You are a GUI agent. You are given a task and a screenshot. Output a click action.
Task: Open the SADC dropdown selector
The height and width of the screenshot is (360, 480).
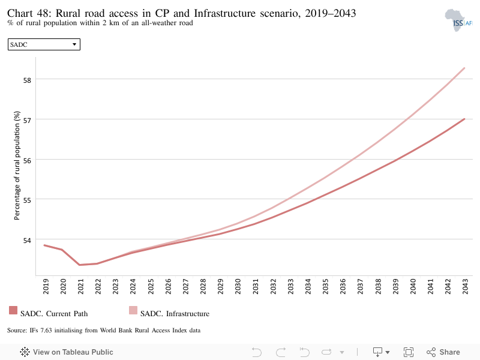[x=44, y=44]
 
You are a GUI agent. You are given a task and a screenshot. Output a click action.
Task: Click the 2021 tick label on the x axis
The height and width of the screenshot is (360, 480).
[x=80, y=286]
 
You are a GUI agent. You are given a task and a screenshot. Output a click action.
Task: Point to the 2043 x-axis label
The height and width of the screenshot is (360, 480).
[x=466, y=286]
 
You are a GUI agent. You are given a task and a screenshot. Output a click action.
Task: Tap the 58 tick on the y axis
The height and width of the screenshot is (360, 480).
[x=27, y=80]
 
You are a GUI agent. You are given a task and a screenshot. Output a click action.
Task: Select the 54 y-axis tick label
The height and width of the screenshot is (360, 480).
[x=27, y=241]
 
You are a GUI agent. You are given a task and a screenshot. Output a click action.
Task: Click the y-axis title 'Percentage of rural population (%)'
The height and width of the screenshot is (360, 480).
[x=17, y=166]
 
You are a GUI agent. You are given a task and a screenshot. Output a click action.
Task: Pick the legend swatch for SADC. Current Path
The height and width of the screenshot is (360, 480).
[x=13, y=310]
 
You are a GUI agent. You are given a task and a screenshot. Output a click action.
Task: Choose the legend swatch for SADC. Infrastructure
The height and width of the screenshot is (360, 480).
[x=133, y=310]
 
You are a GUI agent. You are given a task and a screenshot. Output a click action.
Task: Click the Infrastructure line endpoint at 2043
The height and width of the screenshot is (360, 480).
[x=464, y=68]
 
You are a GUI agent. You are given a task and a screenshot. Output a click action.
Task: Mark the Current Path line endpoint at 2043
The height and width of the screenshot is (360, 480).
[x=464, y=119]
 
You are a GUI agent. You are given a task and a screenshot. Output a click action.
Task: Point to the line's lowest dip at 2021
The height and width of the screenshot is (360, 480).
[x=80, y=265]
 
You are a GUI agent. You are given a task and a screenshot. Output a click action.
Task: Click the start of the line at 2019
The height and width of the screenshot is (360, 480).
[x=44, y=245]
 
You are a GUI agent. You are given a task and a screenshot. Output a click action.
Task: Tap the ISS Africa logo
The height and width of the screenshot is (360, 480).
[x=458, y=20]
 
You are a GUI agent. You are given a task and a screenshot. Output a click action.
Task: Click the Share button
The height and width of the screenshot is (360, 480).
[x=443, y=352]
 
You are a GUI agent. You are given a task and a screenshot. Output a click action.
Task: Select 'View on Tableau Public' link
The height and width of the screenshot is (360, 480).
[x=67, y=352]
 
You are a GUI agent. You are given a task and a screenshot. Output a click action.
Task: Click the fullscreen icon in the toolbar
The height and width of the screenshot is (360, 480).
[x=409, y=352]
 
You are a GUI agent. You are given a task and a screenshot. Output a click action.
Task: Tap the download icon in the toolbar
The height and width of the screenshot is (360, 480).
[x=378, y=352]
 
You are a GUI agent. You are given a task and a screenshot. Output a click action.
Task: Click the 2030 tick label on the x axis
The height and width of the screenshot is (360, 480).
[x=238, y=286]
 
